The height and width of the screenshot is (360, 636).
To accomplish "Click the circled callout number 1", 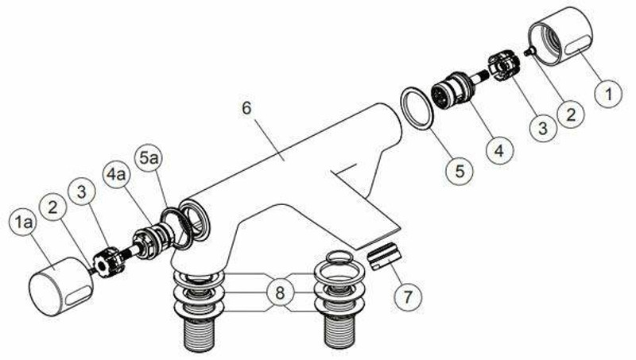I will pyautogui.click(x=608, y=97).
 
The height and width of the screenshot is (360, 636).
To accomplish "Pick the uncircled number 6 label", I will pyautogui.click(x=246, y=108).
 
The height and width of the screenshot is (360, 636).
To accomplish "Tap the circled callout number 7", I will pyautogui.click(x=408, y=296).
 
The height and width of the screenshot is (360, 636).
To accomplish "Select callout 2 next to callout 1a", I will pyautogui.click(x=54, y=207).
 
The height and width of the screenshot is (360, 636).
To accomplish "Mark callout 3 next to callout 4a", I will pyautogui.click(x=82, y=193).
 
